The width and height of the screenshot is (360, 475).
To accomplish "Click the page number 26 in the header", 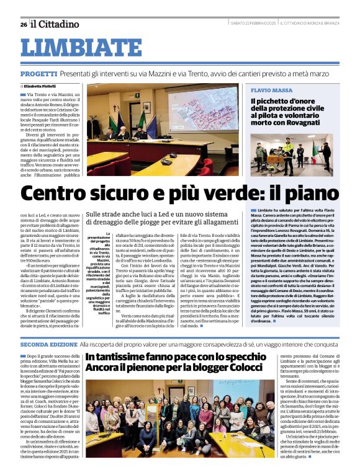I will pos(24,24).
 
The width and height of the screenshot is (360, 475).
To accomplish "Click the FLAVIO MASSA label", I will pos(271,91).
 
